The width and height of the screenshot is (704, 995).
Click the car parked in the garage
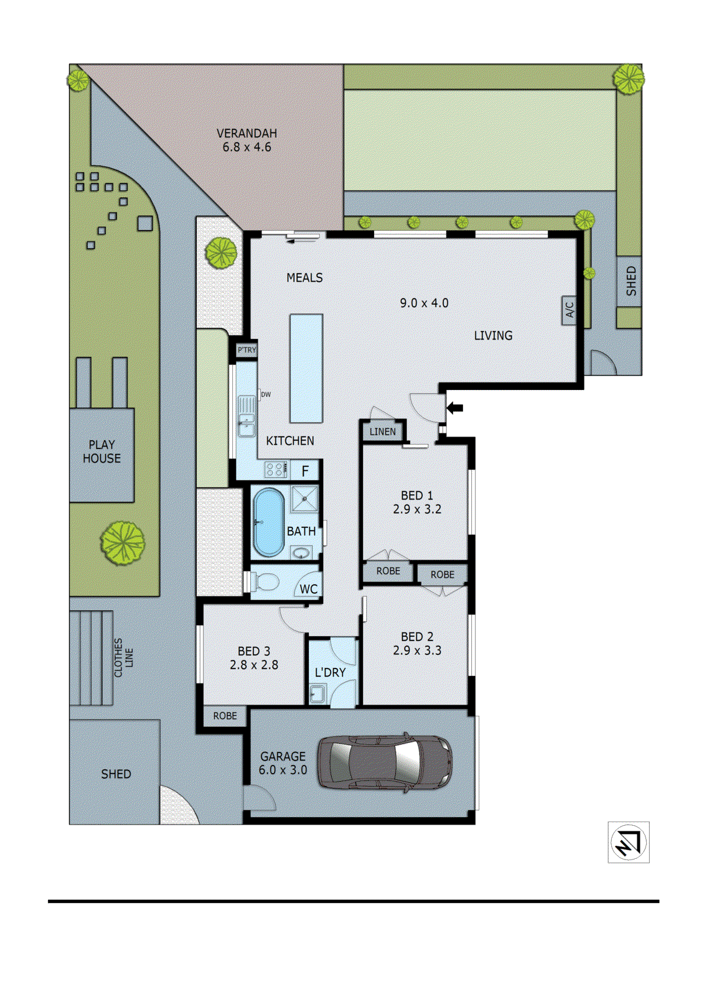click(385, 762)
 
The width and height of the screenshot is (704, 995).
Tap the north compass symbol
click(628, 842)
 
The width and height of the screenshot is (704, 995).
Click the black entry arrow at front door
click(456, 408)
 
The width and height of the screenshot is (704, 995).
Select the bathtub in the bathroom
click(268, 522)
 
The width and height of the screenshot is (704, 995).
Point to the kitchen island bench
click(306, 368)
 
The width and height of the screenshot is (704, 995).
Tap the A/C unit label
click(569, 309)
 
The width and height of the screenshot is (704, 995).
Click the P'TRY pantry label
click(246, 350)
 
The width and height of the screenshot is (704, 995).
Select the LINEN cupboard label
click(382, 432)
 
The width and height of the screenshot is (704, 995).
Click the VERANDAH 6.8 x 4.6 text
click(246, 140)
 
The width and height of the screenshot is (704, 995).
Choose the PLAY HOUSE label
click(102, 451)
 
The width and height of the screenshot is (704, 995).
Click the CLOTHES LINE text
click(123, 657)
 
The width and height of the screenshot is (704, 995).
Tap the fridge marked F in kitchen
click(305, 471)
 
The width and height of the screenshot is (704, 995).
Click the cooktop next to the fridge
click(276, 468)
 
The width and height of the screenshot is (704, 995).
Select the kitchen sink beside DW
click(246, 415)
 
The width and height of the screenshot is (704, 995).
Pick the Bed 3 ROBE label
click(225, 716)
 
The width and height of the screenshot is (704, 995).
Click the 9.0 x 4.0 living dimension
click(424, 303)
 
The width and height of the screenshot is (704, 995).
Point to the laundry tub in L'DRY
click(317, 693)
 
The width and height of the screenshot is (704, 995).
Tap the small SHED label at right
click(631, 281)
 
